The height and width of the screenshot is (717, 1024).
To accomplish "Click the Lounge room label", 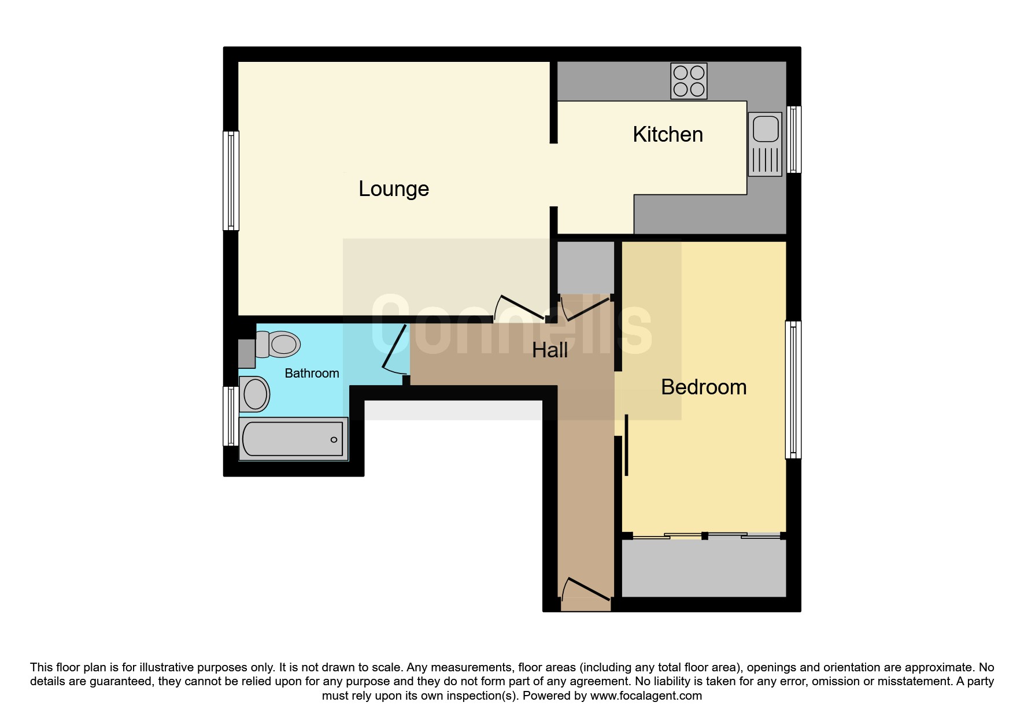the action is tap(394, 189).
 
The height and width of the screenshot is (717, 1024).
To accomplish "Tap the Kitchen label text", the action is tap(668, 134).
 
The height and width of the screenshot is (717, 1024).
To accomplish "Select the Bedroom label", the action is tap(704, 387).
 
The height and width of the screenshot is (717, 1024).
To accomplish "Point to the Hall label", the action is tap(550, 350).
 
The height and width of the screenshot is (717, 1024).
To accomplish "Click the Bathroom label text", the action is tap(312, 374).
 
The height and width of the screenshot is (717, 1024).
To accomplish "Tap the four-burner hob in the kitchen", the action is tap(689, 81).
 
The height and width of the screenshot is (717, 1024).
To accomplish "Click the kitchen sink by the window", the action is tap(765, 144).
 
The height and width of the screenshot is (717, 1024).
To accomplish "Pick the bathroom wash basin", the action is tap(254, 394).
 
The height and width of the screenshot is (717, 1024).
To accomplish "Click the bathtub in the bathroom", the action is tap(294, 439).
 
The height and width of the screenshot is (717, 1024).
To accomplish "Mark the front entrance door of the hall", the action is tap(586, 589).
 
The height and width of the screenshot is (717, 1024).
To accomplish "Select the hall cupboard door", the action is tap(585, 308).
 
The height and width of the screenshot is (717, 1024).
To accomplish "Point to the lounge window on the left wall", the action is tap(231, 181).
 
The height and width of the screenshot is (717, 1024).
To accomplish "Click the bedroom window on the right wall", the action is tap(793, 390).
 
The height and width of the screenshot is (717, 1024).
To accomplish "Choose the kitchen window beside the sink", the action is tap(794, 139).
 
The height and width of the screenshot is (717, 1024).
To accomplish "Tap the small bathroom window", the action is tap(231, 416).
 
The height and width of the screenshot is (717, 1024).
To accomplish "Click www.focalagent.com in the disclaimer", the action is tap(646, 696).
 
